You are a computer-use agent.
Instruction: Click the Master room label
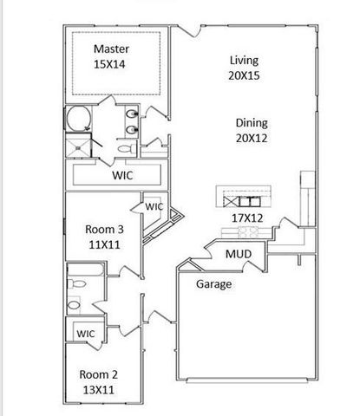111,49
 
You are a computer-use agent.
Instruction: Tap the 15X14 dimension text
111,64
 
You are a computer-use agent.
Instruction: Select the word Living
245,60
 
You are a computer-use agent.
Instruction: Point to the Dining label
251,123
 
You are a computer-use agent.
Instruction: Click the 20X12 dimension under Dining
251,139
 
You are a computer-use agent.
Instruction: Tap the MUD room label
239,255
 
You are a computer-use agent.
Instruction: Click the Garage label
213,283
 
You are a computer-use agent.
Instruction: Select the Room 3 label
103,230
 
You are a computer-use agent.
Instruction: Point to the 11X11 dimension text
103,245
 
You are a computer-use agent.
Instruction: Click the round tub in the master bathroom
76,120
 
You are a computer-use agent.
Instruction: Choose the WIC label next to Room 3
154,207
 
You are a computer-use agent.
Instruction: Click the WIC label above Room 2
86,333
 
